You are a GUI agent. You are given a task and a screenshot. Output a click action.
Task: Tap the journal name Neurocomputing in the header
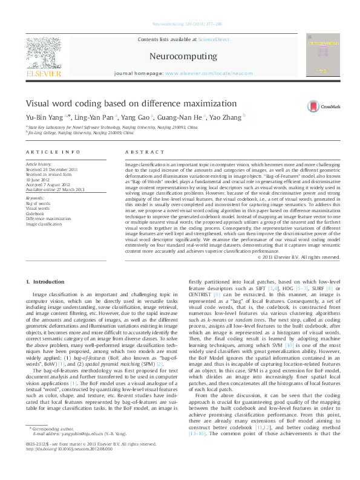[x=181, y=56]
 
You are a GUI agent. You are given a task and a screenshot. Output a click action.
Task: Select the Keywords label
[x=34, y=198]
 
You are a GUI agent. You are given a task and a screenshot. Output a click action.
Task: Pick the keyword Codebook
[x=34, y=213]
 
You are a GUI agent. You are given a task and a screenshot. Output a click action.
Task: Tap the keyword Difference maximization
[x=48, y=218]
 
